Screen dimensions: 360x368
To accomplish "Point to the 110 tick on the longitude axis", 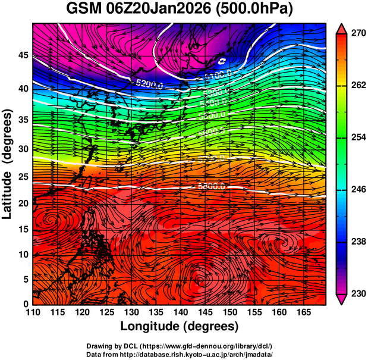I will (32, 312).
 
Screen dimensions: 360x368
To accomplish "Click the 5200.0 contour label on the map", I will (149, 84).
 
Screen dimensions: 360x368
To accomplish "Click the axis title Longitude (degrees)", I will (179, 326).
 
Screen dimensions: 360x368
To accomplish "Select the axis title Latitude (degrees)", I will (8, 164).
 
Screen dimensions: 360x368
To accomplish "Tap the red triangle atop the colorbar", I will (342, 27).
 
